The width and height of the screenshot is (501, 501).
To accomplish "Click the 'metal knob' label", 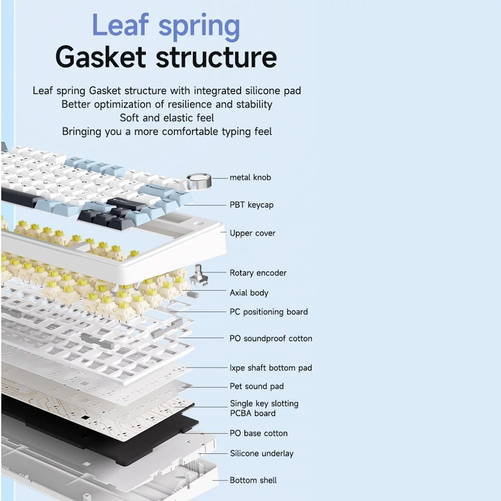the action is click(x=250, y=177).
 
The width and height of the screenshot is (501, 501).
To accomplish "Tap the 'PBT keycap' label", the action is click(x=252, y=205).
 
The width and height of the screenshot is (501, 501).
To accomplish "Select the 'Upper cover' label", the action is click(x=253, y=233).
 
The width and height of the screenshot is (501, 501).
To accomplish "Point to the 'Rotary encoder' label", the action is click(x=258, y=273).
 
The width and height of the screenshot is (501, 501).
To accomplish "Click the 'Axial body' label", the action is click(x=249, y=293).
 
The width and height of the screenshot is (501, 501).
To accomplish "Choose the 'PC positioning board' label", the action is click(x=269, y=312).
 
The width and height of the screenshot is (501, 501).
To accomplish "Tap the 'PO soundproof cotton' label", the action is click(x=271, y=338).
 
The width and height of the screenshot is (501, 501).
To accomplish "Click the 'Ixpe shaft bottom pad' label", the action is click(x=271, y=368).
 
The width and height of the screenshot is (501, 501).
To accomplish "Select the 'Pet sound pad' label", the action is click(x=257, y=386).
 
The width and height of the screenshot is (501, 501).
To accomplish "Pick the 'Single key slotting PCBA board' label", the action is click(x=264, y=408).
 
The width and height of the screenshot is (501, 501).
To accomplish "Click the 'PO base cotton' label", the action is click(x=259, y=433).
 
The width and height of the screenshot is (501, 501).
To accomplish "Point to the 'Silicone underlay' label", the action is click(x=262, y=453).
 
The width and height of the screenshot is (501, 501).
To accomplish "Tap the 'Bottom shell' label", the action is click(x=253, y=480).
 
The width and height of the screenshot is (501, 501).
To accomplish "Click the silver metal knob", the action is click(x=199, y=181).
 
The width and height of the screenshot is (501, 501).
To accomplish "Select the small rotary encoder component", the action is click(x=197, y=275).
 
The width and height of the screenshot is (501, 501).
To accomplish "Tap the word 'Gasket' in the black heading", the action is click(x=101, y=57).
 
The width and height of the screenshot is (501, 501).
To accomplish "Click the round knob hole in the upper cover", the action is click(x=199, y=223).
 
